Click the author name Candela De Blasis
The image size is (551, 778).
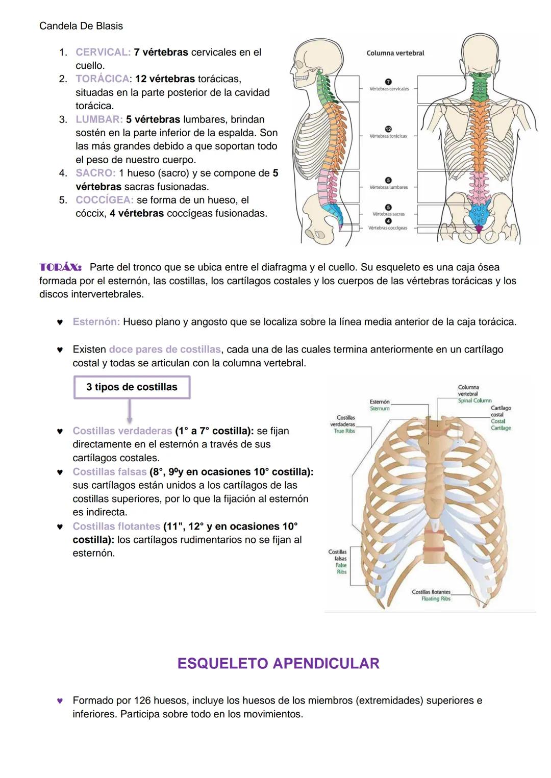(81, 26)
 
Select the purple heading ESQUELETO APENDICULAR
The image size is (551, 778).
(278, 663)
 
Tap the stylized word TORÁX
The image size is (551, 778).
(60, 267)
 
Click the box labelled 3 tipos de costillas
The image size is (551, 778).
(132, 387)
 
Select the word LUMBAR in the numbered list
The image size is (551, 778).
(98, 119)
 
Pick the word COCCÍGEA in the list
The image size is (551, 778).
(104, 200)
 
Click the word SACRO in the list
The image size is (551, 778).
(95, 173)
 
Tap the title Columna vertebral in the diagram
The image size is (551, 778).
(395, 53)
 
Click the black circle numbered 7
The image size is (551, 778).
(388, 82)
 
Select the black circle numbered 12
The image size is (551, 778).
(388, 129)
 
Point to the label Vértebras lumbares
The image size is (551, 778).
(388, 187)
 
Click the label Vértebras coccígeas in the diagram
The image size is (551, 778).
(388, 228)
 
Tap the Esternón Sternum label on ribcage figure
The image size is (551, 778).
(380, 405)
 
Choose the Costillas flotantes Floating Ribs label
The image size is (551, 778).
(431, 595)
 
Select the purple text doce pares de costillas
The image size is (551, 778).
(165, 349)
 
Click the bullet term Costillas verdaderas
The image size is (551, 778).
(122, 431)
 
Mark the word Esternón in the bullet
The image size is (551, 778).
(96, 322)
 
